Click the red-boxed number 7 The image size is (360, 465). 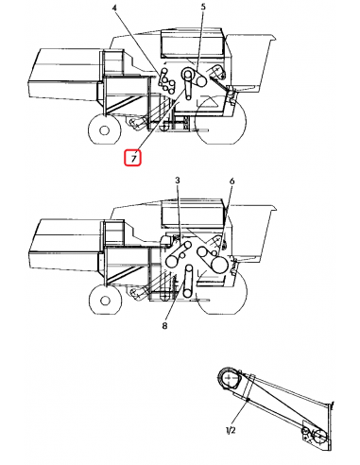tap(133, 159)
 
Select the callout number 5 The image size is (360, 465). tap(203, 9)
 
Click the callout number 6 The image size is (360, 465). tap(231, 181)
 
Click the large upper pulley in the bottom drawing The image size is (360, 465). tap(231, 378)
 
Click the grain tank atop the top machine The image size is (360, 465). tap(193, 43)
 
